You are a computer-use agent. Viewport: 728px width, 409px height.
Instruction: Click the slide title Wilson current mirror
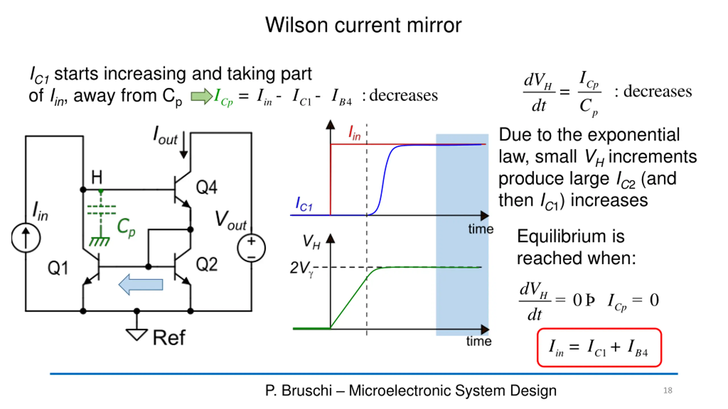[x=363, y=25]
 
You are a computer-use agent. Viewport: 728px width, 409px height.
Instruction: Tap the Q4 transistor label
[x=207, y=187]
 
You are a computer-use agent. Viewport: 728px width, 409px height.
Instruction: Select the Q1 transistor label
[x=58, y=268]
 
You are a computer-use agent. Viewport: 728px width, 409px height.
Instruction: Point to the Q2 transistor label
[x=207, y=264]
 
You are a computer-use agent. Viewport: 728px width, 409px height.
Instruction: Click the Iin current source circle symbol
[x=26, y=238]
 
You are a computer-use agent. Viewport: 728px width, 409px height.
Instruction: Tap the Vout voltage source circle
[x=251, y=248]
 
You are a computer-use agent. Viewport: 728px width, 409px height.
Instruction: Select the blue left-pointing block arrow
[x=141, y=284]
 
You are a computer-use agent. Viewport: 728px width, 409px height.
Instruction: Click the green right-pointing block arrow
[x=202, y=96]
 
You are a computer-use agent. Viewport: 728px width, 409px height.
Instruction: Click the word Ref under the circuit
[x=169, y=338]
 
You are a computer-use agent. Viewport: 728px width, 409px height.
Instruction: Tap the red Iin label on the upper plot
[x=355, y=133]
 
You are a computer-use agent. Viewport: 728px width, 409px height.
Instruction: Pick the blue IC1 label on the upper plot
[x=304, y=204]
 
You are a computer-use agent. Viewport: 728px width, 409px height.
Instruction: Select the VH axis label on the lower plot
[x=312, y=242]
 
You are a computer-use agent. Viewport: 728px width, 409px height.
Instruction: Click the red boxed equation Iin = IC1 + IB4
[x=599, y=347]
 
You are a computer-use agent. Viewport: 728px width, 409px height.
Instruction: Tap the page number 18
[x=668, y=391]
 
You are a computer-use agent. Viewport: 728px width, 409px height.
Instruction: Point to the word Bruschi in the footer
[x=307, y=391]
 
